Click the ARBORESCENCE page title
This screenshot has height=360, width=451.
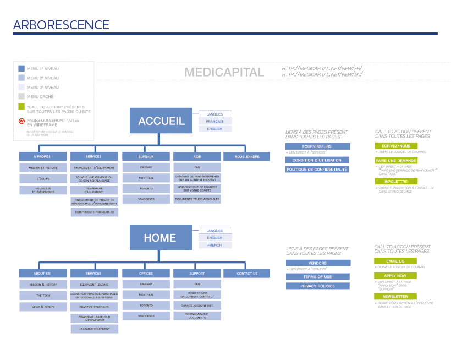point(61,25)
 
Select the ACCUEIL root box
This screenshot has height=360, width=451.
point(161,121)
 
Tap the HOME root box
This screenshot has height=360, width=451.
point(160,238)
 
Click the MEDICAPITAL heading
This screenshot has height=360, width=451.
point(224,72)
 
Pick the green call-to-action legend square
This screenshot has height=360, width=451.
point(21,107)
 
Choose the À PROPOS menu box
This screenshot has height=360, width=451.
point(42,157)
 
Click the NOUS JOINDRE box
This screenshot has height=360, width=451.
point(247,157)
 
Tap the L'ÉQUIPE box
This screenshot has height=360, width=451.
point(42,179)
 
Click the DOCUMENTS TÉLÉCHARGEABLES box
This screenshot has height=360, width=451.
point(197,199)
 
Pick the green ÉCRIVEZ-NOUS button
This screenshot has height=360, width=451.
point(395,146)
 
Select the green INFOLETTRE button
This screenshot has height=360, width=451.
point(395,181)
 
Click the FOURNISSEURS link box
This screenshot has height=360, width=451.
point(317,146)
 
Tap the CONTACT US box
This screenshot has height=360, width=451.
point(247,273)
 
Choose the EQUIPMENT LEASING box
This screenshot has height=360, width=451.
point(94,285)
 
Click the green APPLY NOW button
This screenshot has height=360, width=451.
point(395,276)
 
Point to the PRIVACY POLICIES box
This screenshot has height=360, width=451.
point(317,286)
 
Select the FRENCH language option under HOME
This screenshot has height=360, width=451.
point(215,245)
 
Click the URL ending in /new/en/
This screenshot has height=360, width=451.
point(322,74)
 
